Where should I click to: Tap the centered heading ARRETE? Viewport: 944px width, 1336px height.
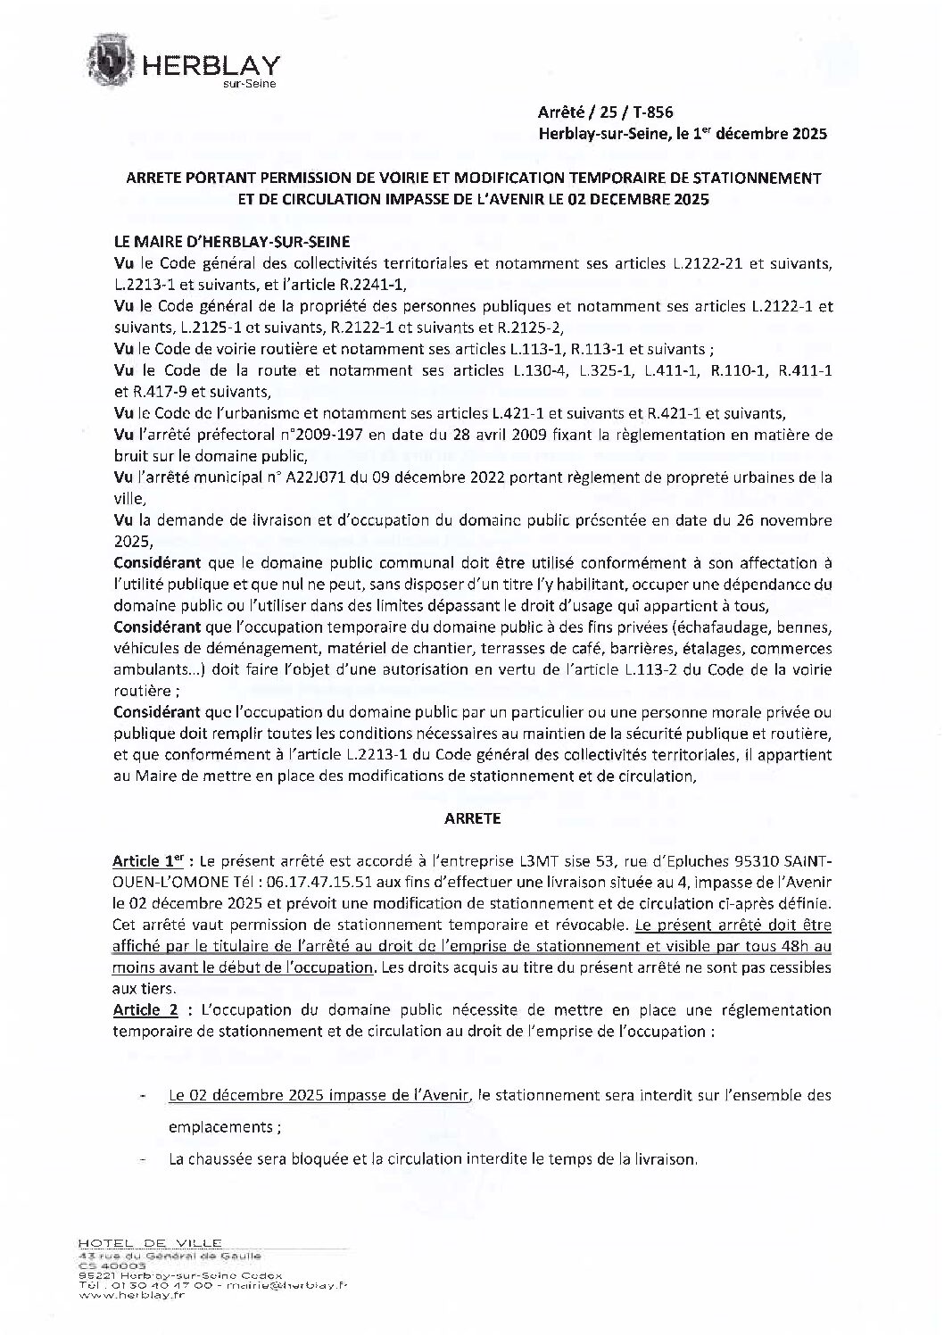pos(472,817)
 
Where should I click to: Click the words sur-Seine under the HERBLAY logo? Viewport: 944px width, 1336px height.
pos(250,84)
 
